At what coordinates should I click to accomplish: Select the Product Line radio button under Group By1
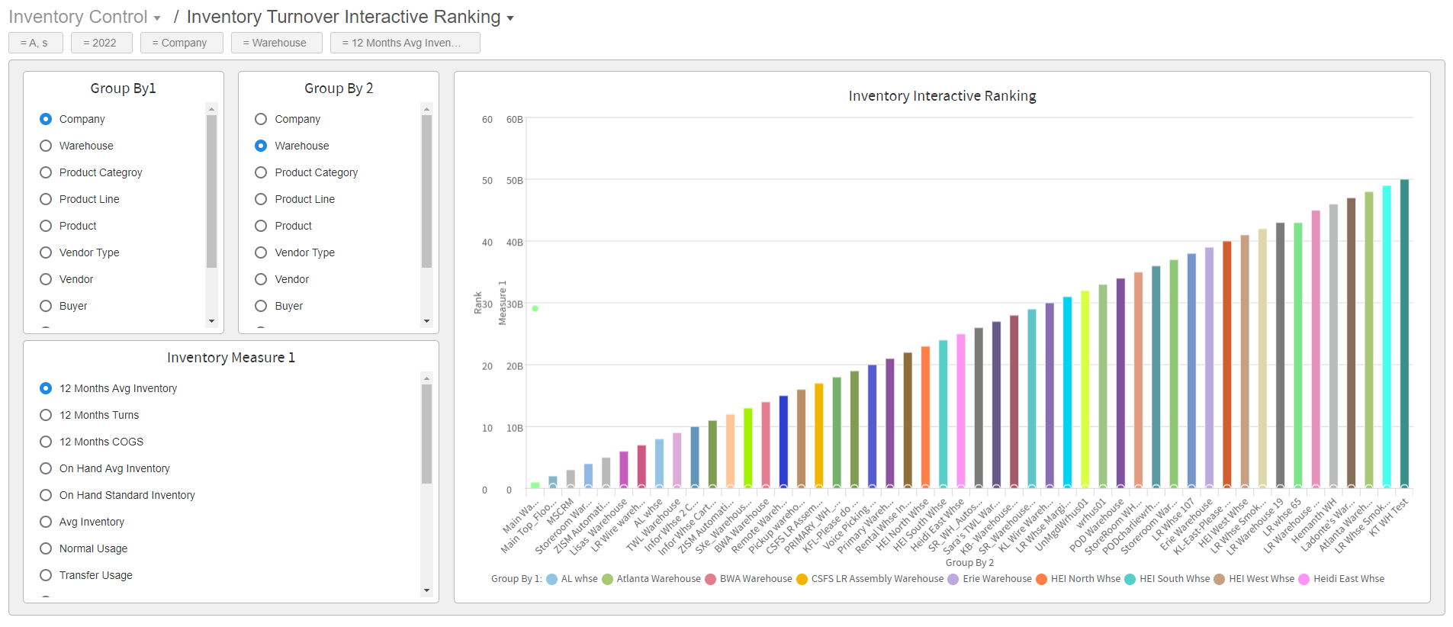click(46, 199)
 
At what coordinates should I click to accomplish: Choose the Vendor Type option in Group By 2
click(261, 252)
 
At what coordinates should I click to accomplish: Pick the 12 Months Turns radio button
click(46, 415)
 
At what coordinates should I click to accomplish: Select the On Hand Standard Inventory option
click(46, 495)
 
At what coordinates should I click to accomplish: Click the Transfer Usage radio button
click(46, 575)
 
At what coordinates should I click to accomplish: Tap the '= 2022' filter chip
click(101, 43)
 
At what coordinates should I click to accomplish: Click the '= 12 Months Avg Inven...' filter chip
click(404, 43)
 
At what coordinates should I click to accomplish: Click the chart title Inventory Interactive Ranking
click(942, 96)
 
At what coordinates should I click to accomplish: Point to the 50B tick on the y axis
click(515, 181)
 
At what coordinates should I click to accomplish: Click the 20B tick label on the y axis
click(515, 366)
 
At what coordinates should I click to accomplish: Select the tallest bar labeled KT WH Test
click(1404, 333)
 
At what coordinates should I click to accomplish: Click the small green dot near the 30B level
click(535, 308)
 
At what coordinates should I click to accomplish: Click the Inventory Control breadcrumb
click(78, 17)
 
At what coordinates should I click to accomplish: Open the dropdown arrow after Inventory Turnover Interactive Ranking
click(510, 18)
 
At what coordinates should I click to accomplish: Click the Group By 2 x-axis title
click(969, 563)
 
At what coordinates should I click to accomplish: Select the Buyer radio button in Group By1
click(46, 306)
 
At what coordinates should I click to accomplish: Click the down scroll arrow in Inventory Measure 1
click(426, 590)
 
